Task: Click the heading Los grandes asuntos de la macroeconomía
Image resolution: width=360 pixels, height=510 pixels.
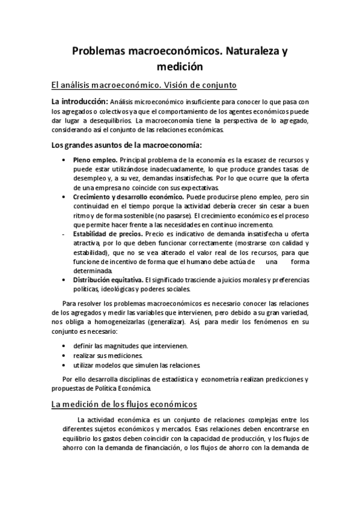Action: click(127, 144)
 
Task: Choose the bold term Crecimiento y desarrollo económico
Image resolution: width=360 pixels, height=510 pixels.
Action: click(128, 197)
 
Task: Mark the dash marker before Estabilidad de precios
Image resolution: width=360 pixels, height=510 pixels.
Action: click(64, 233)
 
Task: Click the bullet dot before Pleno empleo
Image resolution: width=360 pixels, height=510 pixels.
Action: click(64, 159)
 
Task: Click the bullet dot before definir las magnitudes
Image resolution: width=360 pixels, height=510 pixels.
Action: click(64, 346)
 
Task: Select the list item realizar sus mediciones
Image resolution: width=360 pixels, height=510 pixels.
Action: click(108, 356)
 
